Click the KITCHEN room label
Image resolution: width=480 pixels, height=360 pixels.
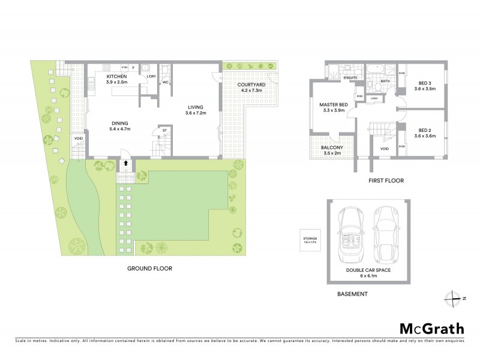117,77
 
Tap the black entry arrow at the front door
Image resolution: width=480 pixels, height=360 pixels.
126,161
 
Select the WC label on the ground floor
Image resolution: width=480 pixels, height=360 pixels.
165,83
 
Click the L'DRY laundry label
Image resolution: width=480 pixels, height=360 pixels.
152,77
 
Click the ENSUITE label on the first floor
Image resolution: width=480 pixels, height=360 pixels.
350,78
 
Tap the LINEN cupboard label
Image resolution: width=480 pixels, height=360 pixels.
374,98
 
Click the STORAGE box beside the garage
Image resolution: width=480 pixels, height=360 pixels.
310,242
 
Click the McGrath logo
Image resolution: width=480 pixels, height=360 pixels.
431,328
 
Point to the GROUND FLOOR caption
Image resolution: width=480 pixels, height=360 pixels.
149,269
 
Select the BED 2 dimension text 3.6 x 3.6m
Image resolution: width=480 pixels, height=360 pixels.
425,136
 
